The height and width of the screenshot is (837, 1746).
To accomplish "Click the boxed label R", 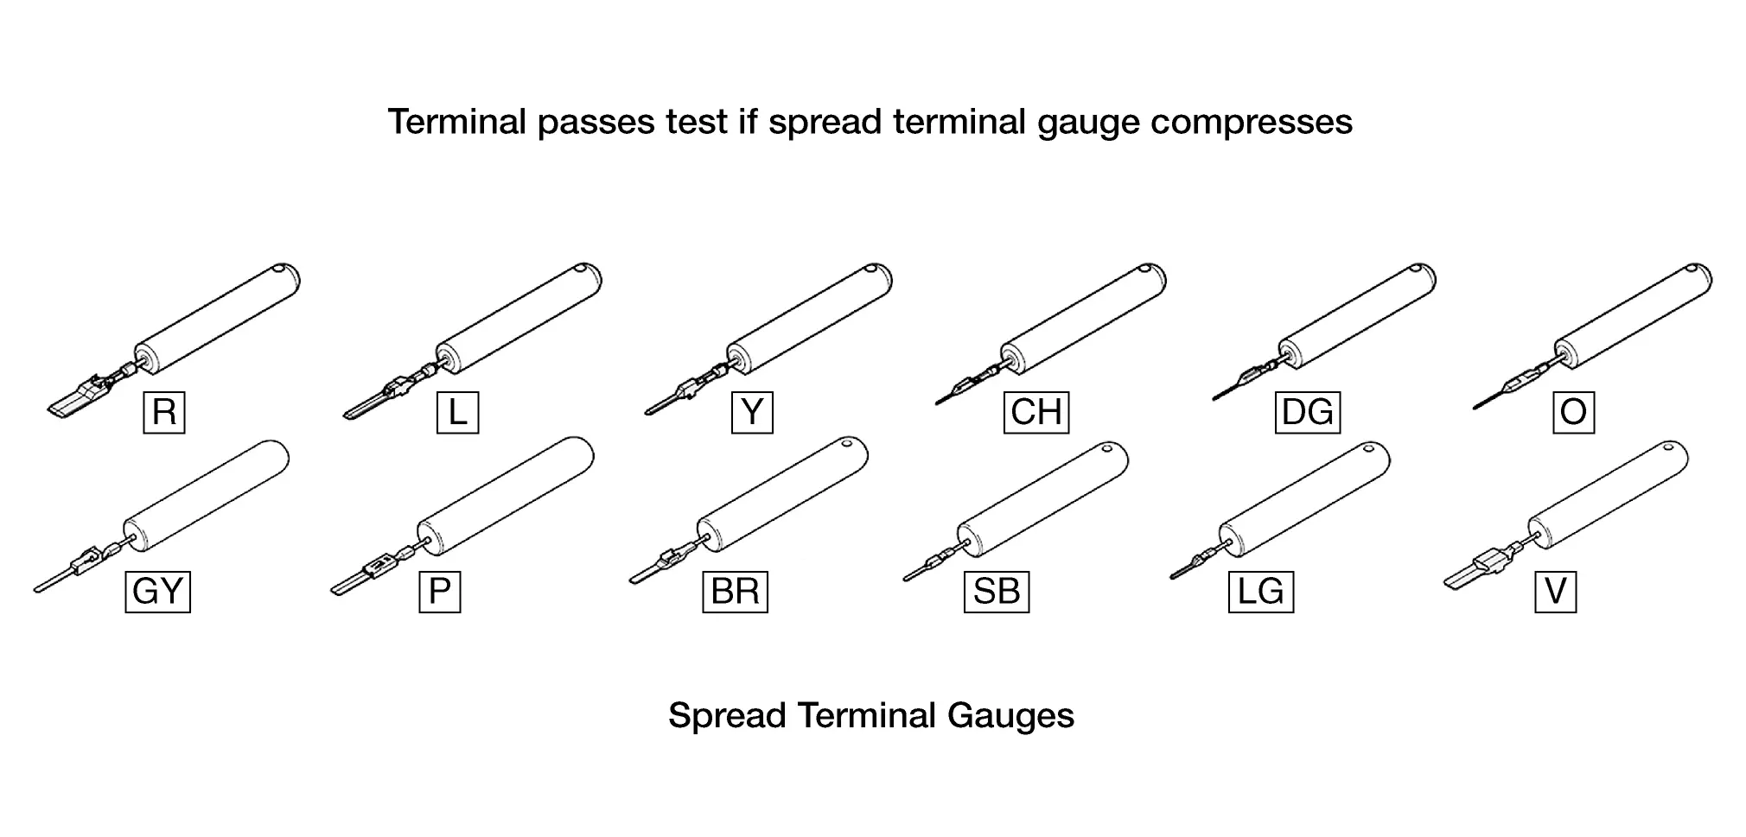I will pos(164,412).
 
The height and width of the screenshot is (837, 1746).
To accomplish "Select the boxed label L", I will pos(457,412).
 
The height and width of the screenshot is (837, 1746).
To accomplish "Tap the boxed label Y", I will pos(752,412).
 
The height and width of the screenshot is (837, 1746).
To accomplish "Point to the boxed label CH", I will pos(1036,412).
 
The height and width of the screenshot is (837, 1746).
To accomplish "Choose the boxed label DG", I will pos(1307,412).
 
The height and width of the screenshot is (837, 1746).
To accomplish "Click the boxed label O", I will pos(1573,412).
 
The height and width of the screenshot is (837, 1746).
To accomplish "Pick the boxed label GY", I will pos(157,592).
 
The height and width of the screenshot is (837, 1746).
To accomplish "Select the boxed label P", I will pos(439,592).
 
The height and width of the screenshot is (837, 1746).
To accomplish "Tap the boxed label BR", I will pos(735,592).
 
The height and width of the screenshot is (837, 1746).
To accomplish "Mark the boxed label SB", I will pos(996,592).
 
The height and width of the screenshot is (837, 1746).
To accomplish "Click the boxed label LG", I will pos(1260,592).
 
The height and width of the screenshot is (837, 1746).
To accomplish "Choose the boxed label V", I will pos(1555,592).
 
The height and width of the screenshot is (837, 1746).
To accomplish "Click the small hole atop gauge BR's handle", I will pos(848,445).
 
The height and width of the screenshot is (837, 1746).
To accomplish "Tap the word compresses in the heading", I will pos(1251,122).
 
